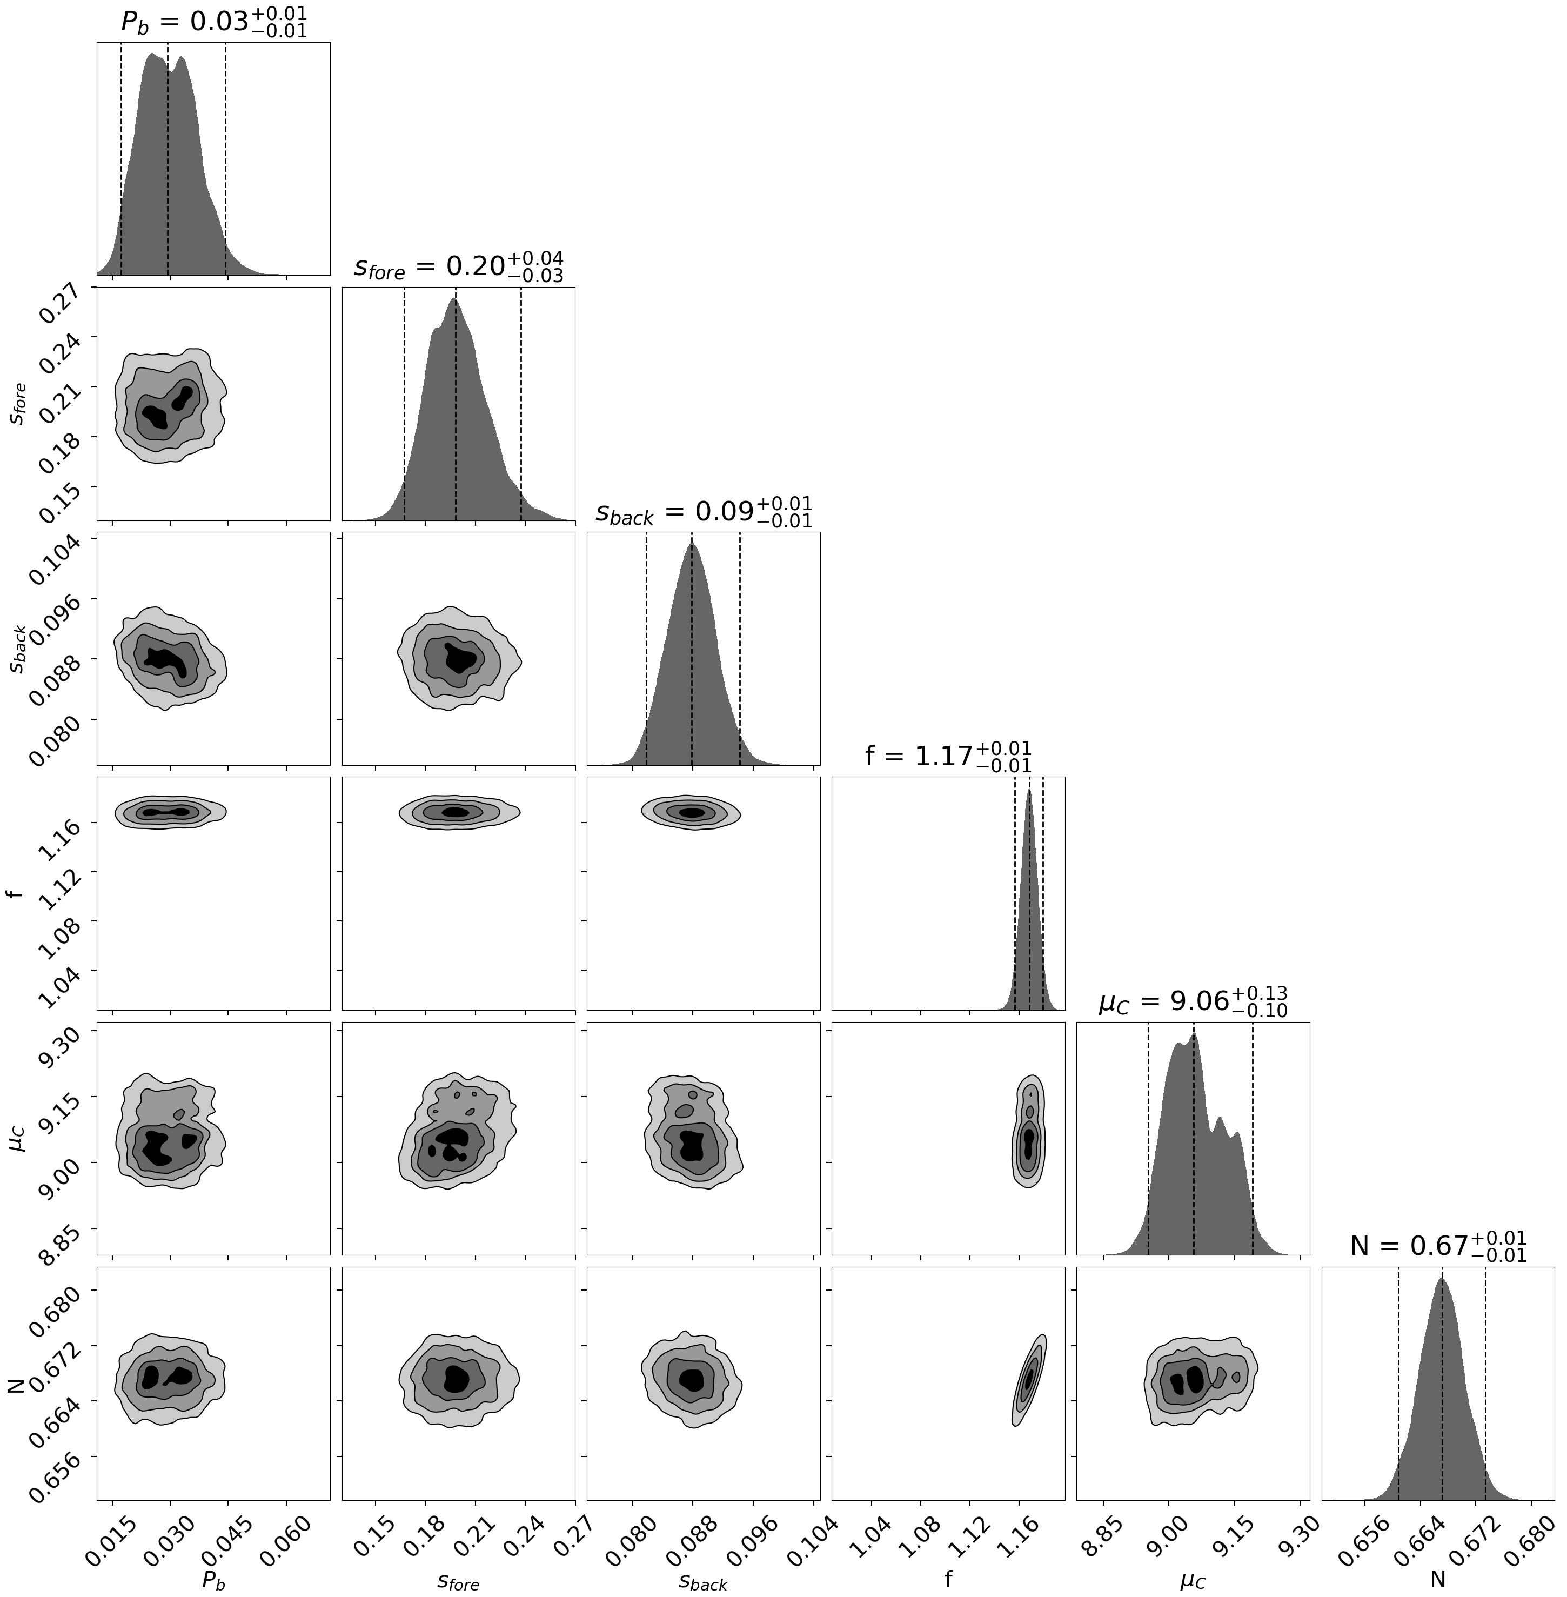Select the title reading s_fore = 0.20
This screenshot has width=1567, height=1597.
[x=458, y=267]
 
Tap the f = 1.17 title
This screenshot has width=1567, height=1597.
[x=948, y=755]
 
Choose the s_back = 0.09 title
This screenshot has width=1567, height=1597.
[x=703, y=511]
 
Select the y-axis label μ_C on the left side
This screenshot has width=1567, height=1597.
[x=18, y=1140]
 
